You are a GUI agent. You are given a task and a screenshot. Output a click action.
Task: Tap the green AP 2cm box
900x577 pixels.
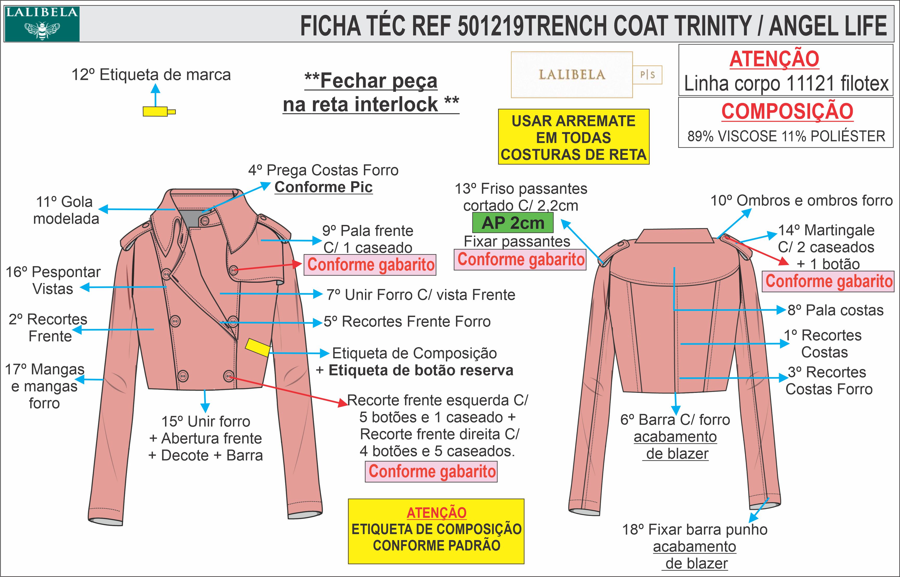coord(513,223)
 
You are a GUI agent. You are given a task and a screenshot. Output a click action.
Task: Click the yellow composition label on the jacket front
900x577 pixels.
coord(258,347)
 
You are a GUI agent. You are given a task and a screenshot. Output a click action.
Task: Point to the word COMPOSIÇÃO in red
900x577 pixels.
coord(787,111)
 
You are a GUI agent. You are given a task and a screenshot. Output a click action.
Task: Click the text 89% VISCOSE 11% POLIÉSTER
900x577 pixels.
coord(786,136)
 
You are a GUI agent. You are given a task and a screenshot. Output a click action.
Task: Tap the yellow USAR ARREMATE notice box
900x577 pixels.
coord(573,137)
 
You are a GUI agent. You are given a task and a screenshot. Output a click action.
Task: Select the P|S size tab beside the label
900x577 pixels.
coord(648,75)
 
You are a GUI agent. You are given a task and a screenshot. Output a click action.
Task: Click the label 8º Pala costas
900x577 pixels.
coord(835,310)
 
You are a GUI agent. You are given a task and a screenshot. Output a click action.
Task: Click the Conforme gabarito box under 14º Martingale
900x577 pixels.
coord(829,281)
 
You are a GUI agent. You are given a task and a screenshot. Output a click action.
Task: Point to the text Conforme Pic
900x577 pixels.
coord(324,187)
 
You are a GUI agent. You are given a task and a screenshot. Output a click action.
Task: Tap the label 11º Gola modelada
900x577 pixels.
coord(66,210)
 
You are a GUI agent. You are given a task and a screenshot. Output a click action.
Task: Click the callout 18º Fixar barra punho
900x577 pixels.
coord(695,530)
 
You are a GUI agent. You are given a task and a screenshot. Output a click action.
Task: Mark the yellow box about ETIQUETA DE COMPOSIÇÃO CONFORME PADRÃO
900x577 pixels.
coord(436,531)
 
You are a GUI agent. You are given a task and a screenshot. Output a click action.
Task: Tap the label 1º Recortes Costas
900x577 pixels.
coord(826,343)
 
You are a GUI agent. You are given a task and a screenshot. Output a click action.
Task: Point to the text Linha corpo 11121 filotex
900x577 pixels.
coord(786,83)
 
